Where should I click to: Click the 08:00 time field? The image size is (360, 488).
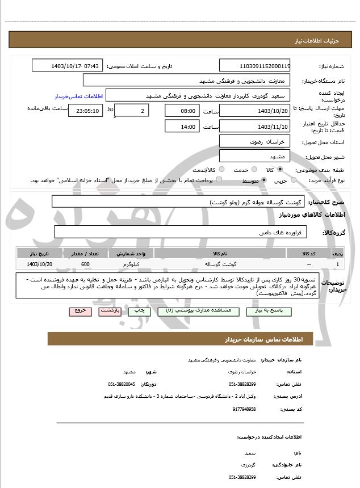click(x=182, y=111)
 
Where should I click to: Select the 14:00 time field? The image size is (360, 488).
click(x=182, y=127)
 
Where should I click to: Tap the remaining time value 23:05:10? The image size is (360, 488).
click(x=85, y=111)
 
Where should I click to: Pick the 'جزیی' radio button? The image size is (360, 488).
click(x=294, y=180)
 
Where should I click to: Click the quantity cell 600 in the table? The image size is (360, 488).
click(x=85, y=264)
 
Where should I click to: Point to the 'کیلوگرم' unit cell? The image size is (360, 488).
click(x=131, y=264)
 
